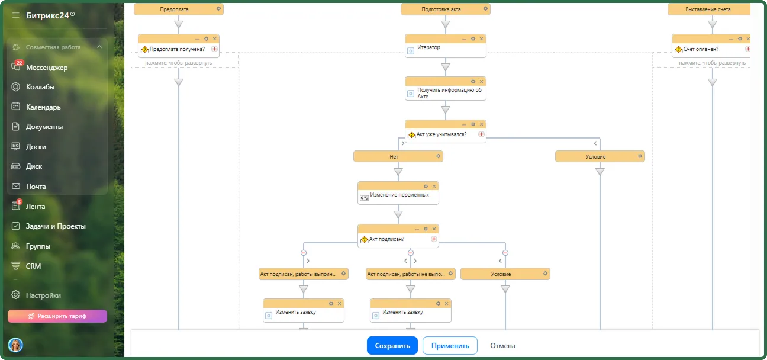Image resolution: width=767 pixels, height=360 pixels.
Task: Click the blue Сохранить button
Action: coord(392,346)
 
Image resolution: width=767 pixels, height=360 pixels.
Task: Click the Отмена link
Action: coord(502,346)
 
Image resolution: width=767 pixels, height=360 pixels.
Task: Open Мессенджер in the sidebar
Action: coord(47,67)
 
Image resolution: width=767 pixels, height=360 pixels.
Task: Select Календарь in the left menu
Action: coord(43,107)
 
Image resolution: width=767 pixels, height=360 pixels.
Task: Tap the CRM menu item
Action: coord(33,266)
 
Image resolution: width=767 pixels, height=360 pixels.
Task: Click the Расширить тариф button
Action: coord(57,316)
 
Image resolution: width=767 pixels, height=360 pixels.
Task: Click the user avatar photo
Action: coord(15,345)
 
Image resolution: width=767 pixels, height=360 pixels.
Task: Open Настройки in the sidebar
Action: coord(43,295)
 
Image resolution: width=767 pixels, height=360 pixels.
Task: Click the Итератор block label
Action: coord(428,47)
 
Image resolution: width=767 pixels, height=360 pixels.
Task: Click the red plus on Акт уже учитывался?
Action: coord(481,134)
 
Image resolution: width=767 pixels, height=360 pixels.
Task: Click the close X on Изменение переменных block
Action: coord(434,186)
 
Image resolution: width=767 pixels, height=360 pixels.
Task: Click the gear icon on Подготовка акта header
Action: coord(485,9)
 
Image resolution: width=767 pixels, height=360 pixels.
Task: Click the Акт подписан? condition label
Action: coord(386,239)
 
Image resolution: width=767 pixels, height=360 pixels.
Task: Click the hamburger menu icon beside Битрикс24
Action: coord(15,15)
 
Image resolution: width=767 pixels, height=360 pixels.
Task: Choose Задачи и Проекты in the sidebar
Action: coord(56,226)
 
